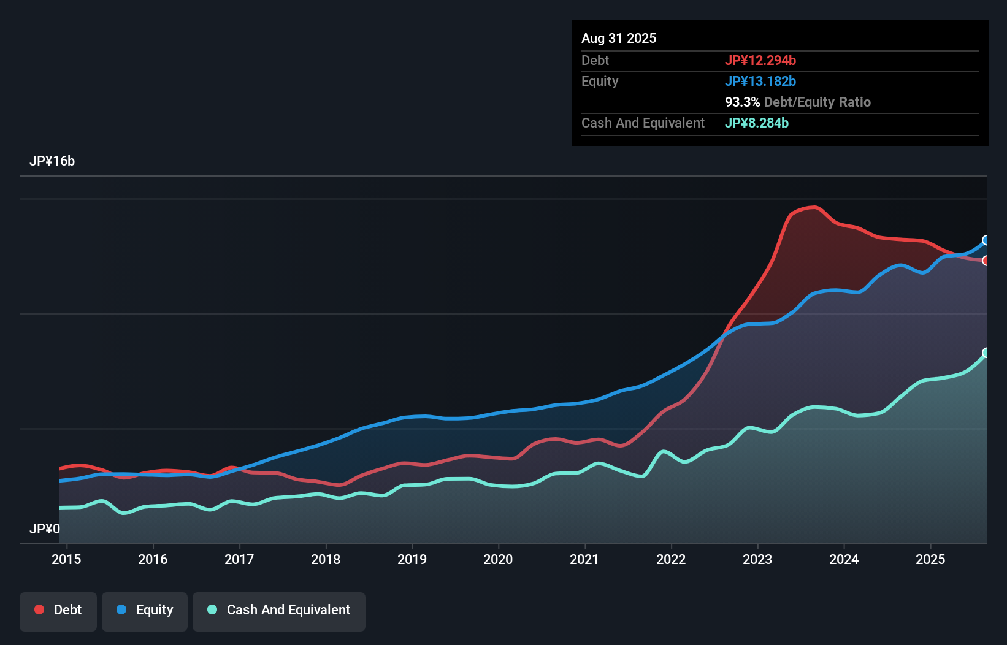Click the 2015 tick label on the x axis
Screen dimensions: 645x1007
point(66,559)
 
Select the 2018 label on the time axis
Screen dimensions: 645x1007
point(326,559)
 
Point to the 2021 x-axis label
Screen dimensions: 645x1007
point(584,559)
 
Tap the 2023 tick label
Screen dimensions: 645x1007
point(757,559)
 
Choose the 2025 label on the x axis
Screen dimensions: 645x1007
point(930,559)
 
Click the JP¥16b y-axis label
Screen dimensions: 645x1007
point(52,161)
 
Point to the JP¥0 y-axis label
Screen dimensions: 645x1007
point(45,529)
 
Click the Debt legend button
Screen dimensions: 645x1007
point(58,610)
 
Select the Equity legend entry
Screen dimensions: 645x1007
point(145,610)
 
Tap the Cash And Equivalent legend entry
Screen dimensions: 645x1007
point(279,610)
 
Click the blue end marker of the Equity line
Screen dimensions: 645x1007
point(986,240)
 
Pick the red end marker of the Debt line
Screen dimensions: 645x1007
point(986,261)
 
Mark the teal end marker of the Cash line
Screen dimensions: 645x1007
point(986,353)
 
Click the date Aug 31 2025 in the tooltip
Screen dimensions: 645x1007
point(619,39)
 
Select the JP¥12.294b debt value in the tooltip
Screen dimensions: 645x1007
point(760,61)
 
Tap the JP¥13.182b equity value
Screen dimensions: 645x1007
point(760,82)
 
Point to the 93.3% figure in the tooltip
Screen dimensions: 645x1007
point(742,102)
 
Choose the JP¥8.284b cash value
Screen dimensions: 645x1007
point(757,123)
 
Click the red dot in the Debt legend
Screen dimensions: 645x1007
point(39,609)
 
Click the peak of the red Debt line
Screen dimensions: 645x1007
point(813,207)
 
